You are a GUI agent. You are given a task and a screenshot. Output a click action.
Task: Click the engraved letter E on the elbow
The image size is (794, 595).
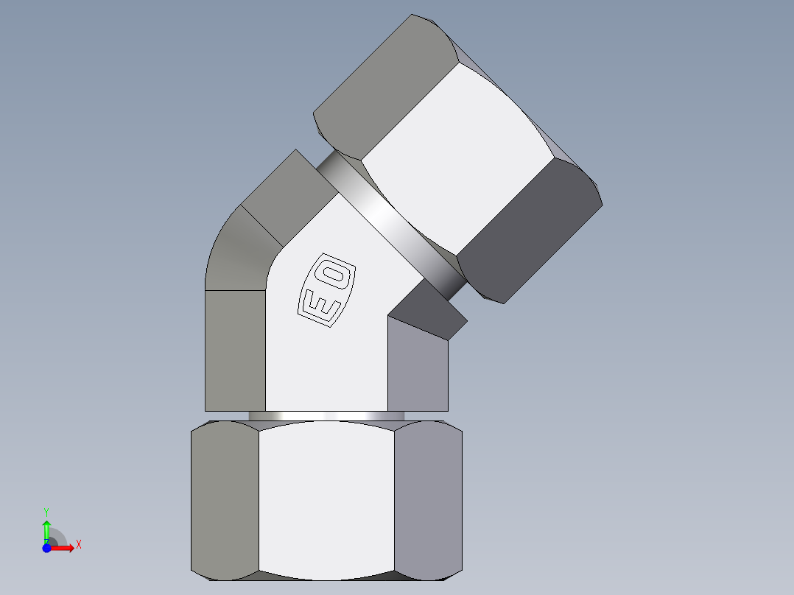(319, 303)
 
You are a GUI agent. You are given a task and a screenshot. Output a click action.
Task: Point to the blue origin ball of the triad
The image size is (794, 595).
(46, 548)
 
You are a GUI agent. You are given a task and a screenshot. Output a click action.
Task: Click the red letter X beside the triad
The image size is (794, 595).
(79, 545)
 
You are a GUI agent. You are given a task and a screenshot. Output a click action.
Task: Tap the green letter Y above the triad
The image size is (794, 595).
(46, 510)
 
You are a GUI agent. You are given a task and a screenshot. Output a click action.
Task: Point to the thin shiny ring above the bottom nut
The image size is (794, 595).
(326, 416)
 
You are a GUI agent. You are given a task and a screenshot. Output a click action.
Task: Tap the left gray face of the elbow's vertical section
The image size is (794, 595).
(234, 350)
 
